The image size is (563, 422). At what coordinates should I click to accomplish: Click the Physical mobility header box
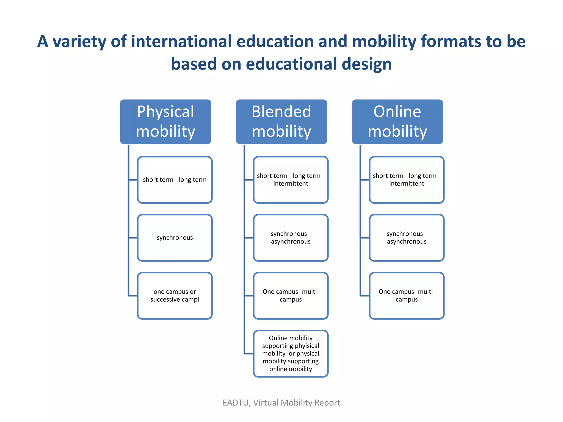[165, 122]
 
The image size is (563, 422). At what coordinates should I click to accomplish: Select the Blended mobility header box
[281, 122]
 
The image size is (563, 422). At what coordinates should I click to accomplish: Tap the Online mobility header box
[397, 122]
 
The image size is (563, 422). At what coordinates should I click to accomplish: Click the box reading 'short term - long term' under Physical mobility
[175, 180]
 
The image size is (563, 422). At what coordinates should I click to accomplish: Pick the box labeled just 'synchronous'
[175, 238]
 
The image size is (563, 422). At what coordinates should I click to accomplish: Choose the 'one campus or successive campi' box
[175, 296]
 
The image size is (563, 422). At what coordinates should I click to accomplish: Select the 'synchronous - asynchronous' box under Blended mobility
[291, 238]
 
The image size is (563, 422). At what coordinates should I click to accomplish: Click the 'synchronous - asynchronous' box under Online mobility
[407, 238]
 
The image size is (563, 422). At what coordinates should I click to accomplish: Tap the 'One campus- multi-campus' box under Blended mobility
[291, 296]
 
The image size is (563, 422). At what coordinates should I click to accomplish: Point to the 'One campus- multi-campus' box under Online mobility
[407, 296]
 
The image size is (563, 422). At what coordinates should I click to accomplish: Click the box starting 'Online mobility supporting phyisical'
[291, 354]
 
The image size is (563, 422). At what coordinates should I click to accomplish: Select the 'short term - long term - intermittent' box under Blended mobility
[291, 180]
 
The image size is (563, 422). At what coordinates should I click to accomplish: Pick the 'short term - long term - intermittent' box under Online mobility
[407, 180]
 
